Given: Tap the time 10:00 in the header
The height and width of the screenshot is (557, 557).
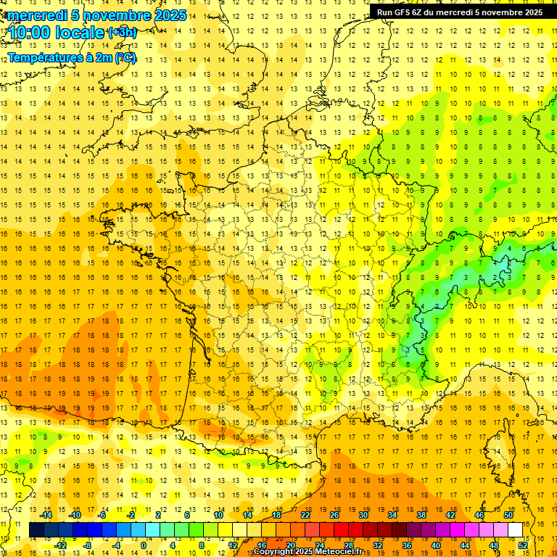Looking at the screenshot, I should tap(32, 33).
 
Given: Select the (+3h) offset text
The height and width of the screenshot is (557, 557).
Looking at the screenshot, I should tap(122, 33).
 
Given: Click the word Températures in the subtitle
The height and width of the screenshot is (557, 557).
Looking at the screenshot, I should tap(44, 57).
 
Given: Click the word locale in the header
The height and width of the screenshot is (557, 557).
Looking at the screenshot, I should tap(82, 33).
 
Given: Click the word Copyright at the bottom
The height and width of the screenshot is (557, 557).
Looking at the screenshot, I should tap(274, 552).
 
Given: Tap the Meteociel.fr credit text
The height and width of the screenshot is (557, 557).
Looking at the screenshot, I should tap(340, 552).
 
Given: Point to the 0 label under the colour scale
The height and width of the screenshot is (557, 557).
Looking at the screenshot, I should tap(144, 545).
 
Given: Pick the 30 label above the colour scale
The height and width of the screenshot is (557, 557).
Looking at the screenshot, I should tap(363, 515).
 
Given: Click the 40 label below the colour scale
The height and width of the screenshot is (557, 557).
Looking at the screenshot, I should tap(436, 545).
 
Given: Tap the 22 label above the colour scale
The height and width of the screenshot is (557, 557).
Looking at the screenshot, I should tap(305, 515).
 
